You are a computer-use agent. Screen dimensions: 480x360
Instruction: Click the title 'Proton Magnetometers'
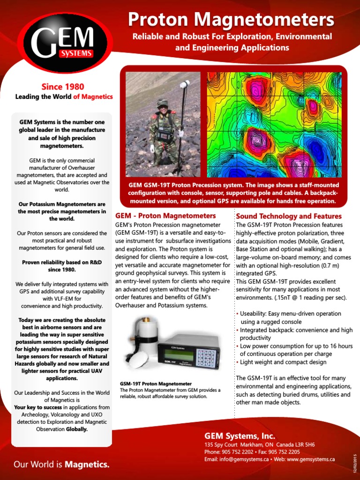231,20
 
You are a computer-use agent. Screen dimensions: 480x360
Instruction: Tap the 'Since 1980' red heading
63,86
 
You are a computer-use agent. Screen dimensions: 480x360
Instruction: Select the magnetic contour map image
274,125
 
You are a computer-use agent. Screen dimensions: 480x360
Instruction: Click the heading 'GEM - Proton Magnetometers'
165,216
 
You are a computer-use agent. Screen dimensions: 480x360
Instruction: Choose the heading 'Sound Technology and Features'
289,216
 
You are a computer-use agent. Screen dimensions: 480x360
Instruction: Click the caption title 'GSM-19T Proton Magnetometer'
156,383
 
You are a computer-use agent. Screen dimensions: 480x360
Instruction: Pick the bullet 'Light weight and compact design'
283,362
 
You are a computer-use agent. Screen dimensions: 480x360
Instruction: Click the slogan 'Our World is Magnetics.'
61,465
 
